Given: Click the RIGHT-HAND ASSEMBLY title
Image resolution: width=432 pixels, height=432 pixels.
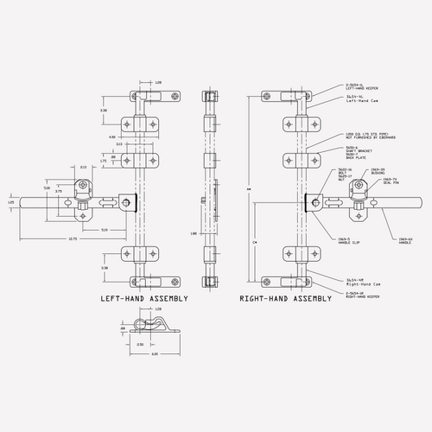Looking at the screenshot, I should point(286,298).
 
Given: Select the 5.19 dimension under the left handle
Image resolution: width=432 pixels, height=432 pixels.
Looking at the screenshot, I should point(104,229).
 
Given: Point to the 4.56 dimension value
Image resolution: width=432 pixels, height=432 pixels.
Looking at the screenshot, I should point(111,137).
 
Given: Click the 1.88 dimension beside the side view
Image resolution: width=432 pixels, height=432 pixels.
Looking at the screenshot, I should point(196,232).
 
